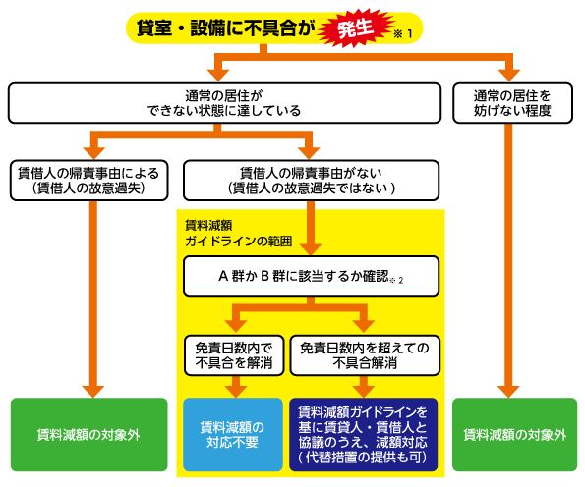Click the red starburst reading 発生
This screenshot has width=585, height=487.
click(x=356, y=28)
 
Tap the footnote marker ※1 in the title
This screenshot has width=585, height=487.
click(x=403, y=34)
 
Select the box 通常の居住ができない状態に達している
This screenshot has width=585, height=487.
click(x=224, y=103)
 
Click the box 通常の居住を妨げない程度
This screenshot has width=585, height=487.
click(x=512, y=103)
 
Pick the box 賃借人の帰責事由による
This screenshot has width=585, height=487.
click(x=89, y=181)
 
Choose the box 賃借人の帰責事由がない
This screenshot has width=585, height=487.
click(x=311, y=181)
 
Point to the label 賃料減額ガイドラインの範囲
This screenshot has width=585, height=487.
click(x=238, y=234)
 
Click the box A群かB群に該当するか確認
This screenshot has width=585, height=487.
click(x=311, y=276)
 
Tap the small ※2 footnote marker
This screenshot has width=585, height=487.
click(x=396, y=281)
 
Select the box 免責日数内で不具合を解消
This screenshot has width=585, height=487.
click(x=234, y=355)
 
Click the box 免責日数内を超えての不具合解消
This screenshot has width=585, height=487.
click(x=365, y=355)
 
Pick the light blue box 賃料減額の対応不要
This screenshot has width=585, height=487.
click(x=233, y=435)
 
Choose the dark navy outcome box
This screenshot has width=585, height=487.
click(x=364, y=435)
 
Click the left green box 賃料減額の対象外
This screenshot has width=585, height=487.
click(x=89, y=435)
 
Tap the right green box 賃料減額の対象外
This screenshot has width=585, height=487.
click(x=514, y=435)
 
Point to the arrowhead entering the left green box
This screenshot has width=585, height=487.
click(x=93, y=392)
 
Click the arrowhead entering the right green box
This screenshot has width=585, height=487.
click(x=508, y=392)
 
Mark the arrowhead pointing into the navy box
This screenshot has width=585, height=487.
click(x=364, y=392)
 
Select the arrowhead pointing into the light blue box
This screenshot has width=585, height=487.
click(x=235, y=392)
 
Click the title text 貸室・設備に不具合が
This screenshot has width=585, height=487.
click(x=226, y=27)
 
